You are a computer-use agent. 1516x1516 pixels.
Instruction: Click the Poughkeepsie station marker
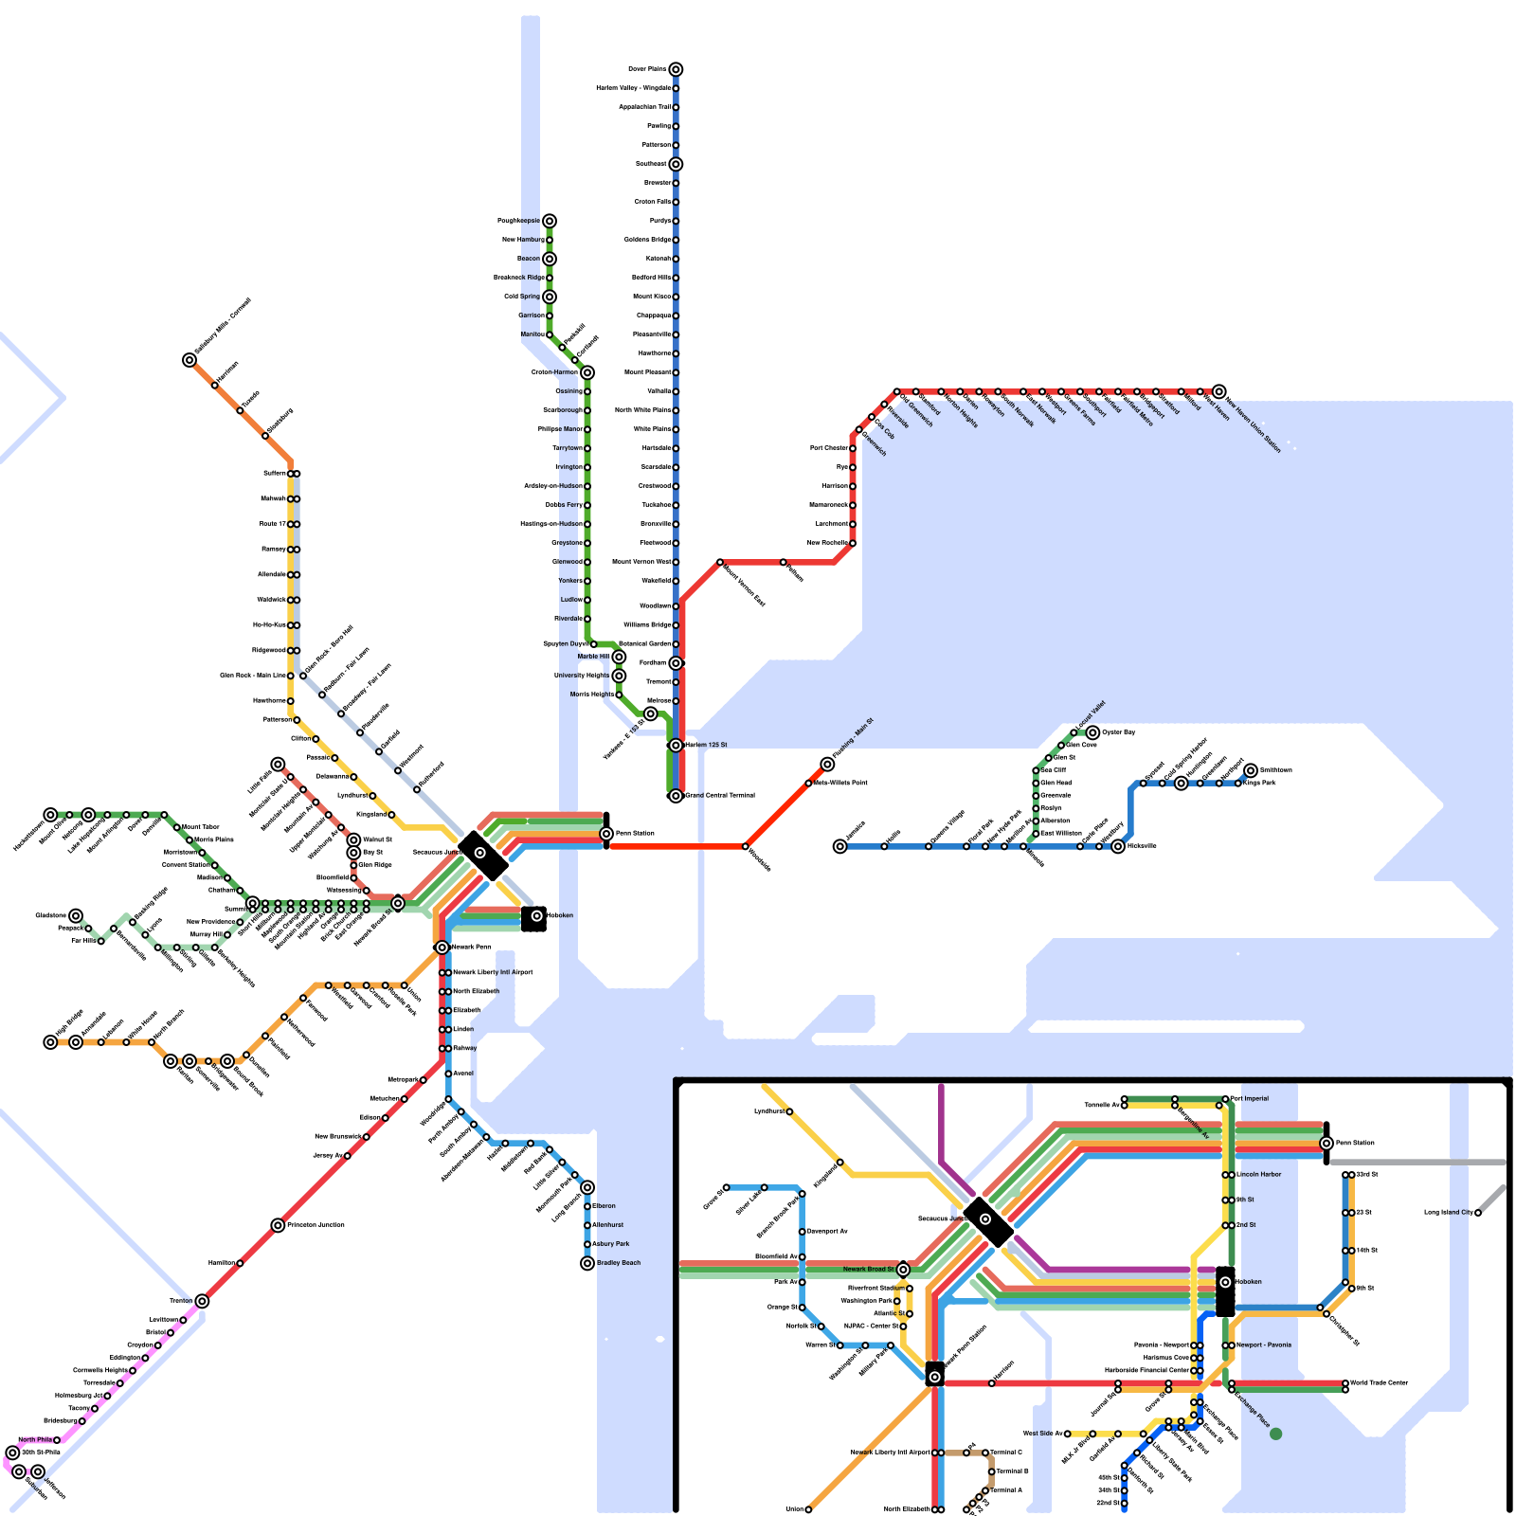(x=550, y=221)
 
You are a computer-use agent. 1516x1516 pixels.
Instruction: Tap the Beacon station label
(x=529, y=259)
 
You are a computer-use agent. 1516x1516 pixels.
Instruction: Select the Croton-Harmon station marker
(x=587, y=372)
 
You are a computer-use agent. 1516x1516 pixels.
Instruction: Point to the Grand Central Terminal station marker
(x=676, y=796)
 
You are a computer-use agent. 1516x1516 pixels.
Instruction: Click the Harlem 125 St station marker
(x=676, y=746)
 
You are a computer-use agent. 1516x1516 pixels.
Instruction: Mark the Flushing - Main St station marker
(x=827, y=765)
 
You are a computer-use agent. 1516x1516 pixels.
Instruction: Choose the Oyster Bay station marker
(x=1092, y=732)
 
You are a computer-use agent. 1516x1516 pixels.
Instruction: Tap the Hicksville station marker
(x=1118, y=846)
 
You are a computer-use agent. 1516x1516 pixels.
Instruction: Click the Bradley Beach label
(x=619, y=1263)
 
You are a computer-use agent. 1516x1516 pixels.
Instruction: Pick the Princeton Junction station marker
(x=278, y=1225)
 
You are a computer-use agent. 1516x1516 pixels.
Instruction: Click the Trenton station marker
(x=202, y=1301)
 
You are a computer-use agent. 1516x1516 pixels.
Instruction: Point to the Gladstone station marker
(x=76, y=915)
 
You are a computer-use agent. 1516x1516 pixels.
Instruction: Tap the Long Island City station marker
(x=1478, y=1213)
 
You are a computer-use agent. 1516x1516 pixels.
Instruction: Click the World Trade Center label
(x=1380, y=1383)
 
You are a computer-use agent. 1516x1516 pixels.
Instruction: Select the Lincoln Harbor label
(x=1259, y=1175)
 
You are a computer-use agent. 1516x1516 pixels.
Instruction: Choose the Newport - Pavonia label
(x=1264, y=1345)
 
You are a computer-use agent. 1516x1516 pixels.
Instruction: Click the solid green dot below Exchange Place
(x=1275, y=1434)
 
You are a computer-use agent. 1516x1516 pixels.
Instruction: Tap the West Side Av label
(x=1041, y=1434)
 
